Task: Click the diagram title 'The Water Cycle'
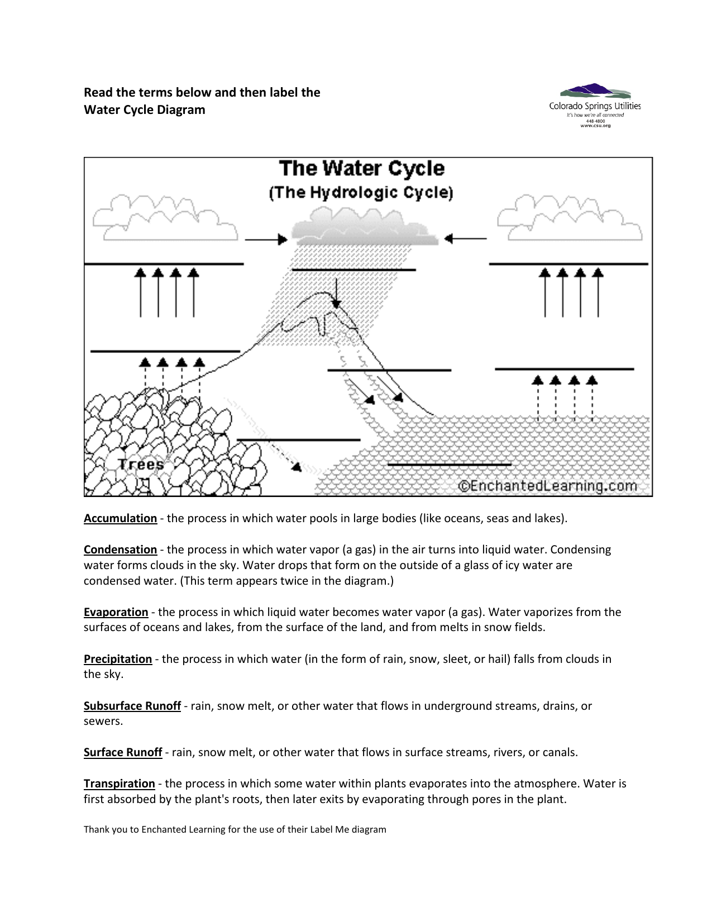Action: tap(362, 168)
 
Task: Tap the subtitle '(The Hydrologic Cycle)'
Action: tap(361, 193)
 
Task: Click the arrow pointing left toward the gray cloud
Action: tap(465, 239)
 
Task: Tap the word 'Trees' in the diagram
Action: tap(141, 464)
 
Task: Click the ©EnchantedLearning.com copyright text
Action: tap(548, 486)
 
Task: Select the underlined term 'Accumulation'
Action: tap(120, 518)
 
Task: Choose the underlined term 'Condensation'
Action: tap(120, 550)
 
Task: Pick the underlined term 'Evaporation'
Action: tap(116, 612)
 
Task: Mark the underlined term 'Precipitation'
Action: tap(118, 659)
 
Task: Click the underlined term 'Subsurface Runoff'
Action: tap(132, 706)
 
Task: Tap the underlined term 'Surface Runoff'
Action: tap(123, 752)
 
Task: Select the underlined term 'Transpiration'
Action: tap(119, 784)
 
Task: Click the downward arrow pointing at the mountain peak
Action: tap(336, 293)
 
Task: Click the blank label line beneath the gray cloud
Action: tap(353, 270)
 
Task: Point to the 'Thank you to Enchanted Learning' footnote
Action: tap(235, 829)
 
